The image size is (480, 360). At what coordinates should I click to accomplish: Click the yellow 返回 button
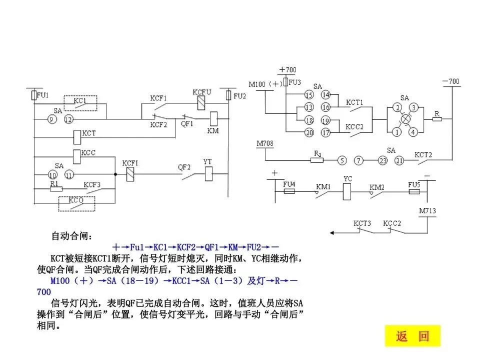pos(412,336)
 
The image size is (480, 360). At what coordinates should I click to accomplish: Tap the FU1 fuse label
pos(42,94)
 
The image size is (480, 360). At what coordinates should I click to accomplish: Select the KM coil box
pos(213,119)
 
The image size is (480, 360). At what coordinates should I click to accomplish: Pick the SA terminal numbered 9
pos(51,119)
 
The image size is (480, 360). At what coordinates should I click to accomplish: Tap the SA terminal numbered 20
pos(309,132)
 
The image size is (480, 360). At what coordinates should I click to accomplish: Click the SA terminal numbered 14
pos(325,95)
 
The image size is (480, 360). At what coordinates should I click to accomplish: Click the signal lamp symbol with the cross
pos(404,120)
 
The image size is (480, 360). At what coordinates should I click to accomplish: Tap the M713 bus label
pos(427,210)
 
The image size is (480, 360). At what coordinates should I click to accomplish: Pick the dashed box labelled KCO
pos(76,203)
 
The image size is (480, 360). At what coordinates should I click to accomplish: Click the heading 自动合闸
pos(72,235)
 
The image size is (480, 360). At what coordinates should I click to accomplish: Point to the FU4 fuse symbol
pos(289,191)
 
